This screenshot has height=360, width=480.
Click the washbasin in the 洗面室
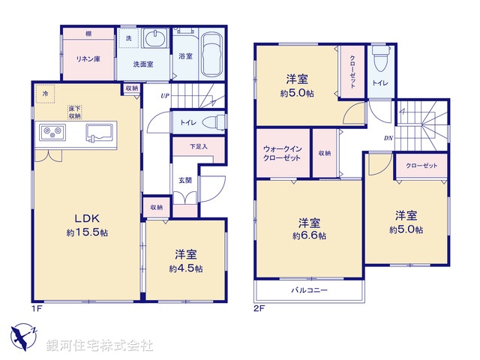click(x=157, y=40)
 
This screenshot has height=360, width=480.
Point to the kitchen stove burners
click(x=52, y=133)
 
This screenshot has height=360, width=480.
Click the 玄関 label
click(x=184, y=180)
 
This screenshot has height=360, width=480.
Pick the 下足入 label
click(x=198, y=146)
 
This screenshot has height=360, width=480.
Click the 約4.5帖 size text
click(x=186, y=268)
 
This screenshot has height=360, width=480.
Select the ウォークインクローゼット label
click(x=282, y=154)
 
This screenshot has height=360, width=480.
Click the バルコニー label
click(x=310, y=289)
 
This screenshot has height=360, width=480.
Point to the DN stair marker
click(x=388, y=138)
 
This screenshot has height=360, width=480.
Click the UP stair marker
click(x=164, y=96)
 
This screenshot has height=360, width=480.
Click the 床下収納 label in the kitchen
click(x=75, y=113)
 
